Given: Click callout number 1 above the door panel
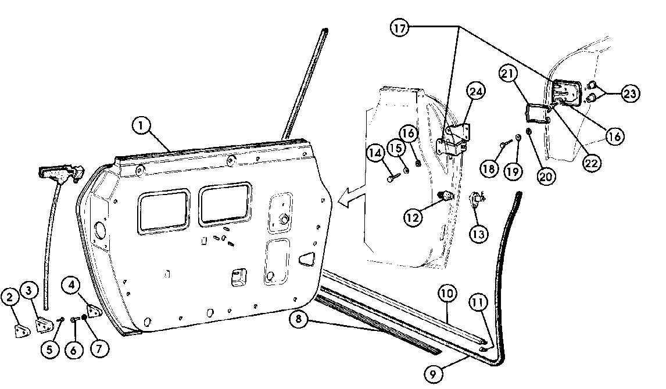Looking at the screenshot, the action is [x=141, y=125].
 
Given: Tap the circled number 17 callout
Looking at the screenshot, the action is [x=399, y=28].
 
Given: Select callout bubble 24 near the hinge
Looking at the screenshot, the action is [x=477, y=91].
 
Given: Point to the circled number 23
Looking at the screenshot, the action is [x=630, y=93].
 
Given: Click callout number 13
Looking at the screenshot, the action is [x=479, y=234].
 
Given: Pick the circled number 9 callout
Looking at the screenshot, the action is [x=433, y=374].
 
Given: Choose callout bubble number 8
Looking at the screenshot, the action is [x=299, y=319].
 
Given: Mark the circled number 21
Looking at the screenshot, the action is [x=507, y=73].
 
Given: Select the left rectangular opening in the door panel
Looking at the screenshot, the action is [x=164, y=211].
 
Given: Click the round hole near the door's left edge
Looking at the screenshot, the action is [x=100, y=229].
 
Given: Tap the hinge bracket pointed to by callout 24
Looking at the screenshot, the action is [x=454, y=139].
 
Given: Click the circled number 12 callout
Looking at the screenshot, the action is [x=412, y=218].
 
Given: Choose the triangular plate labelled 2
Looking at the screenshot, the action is [x=22, y=331].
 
